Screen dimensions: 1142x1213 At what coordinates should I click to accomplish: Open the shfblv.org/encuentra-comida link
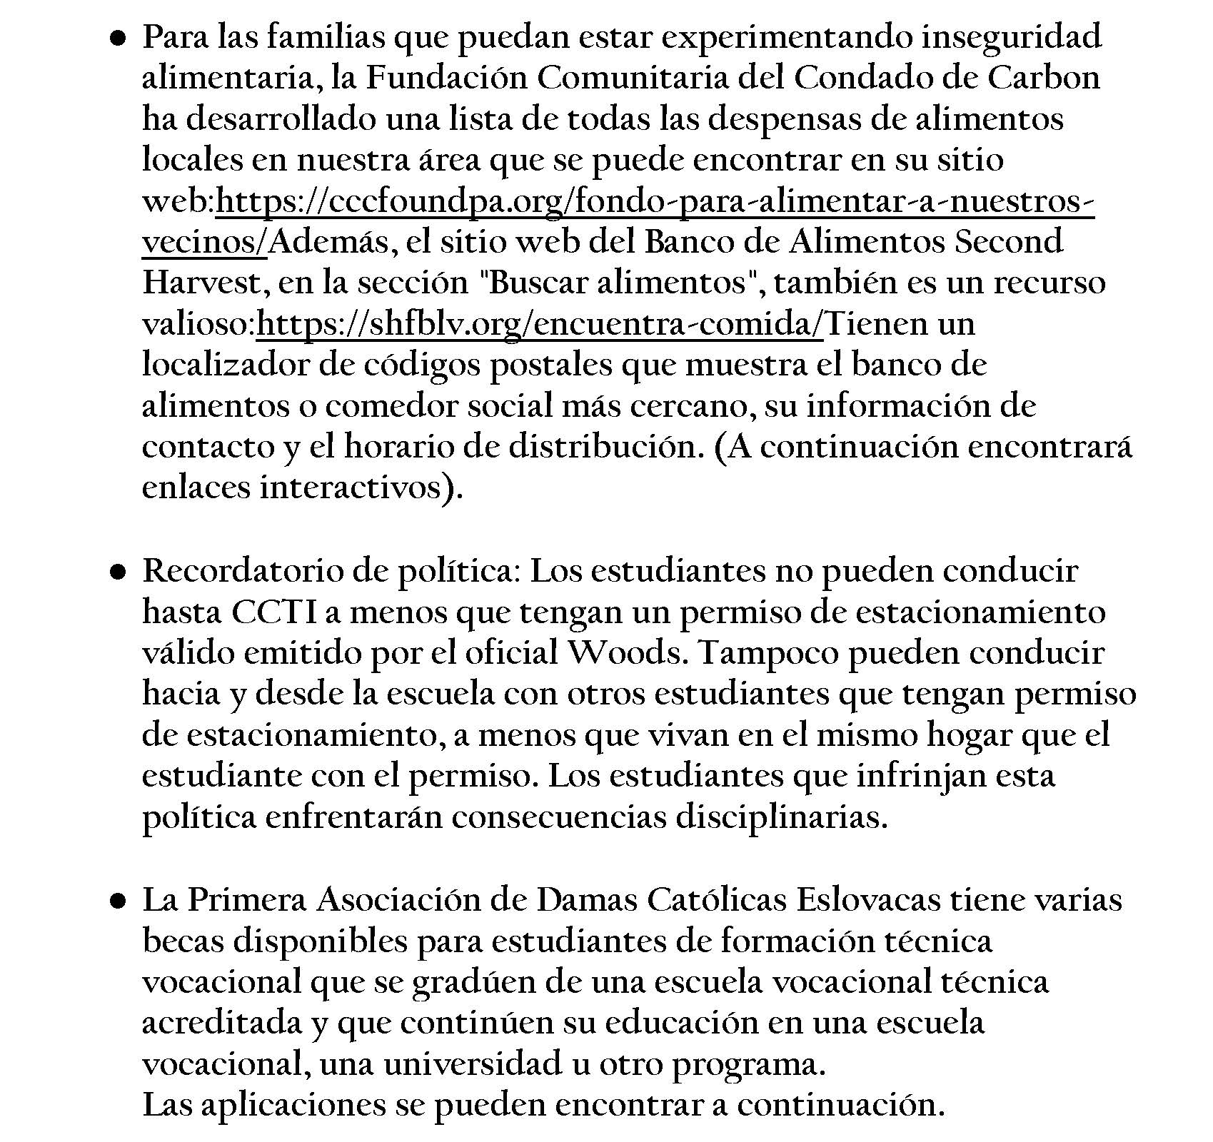pos(540,325)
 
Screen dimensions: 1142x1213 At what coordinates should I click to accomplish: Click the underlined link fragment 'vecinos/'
pos(205,243)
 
